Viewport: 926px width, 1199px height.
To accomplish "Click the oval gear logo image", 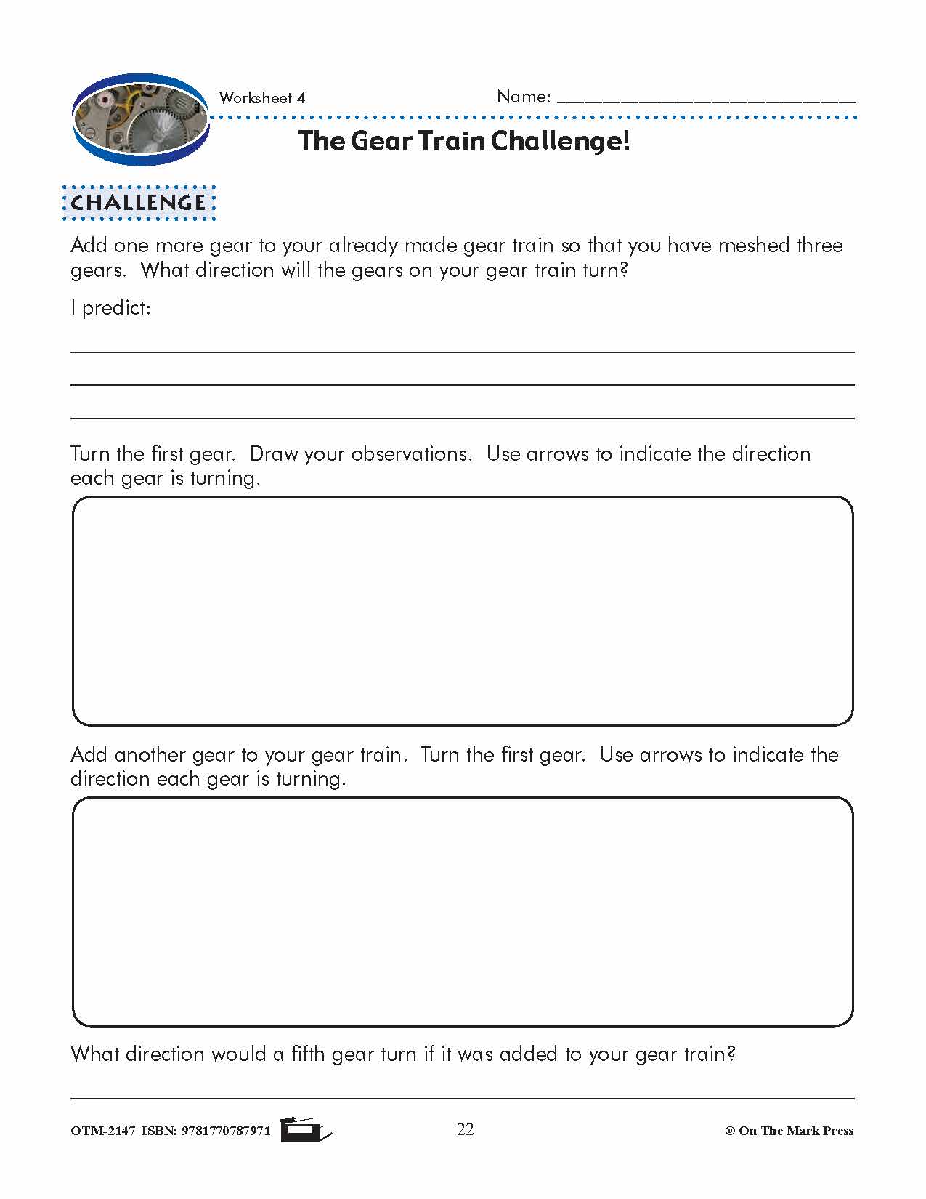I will [140, 119].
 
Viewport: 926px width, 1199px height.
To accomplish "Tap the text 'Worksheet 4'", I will [261, 98].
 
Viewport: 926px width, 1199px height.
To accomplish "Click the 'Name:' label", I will [524, 97].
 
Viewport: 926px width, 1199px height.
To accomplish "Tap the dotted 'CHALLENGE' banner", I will [139, 203].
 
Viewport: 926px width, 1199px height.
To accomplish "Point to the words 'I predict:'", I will [110, 308].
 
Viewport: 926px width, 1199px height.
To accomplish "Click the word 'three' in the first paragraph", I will [819, 246].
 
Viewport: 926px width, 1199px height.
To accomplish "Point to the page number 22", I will [466, 1129].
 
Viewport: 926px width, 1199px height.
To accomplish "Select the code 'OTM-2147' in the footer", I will [102, 1131].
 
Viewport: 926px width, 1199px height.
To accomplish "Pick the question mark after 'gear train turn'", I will [622, 270].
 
